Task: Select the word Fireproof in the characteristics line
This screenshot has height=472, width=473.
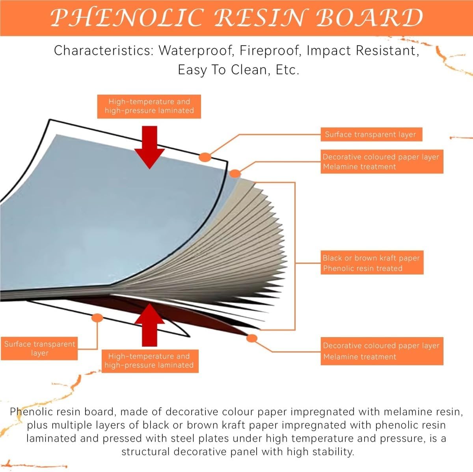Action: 271,51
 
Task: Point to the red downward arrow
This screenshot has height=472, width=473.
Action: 149,147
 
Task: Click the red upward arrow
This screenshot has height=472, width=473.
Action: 149,325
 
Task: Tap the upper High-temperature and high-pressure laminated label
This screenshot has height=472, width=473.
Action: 149,106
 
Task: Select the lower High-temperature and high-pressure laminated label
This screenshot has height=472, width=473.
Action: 150,361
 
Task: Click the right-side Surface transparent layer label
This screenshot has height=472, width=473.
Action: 371,134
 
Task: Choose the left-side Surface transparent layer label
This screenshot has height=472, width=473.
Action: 39,349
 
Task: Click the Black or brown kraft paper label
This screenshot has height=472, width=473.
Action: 372,263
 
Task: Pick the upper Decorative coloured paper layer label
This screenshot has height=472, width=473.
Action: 382,162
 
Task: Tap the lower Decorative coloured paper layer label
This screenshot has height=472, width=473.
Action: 382,351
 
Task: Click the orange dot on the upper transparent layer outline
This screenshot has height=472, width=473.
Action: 205,157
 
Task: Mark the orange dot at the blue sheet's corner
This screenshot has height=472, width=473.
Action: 235,174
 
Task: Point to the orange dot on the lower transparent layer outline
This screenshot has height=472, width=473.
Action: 97,318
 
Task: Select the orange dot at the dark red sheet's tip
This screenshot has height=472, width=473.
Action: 251,338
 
